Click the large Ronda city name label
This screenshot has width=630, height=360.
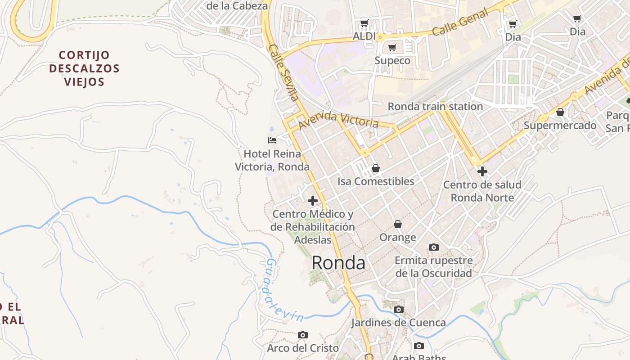338,263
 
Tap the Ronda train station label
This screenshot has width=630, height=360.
435,107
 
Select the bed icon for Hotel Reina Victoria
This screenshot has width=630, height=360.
272,140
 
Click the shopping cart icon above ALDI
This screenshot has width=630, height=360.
364,23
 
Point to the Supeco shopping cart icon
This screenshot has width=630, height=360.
392,47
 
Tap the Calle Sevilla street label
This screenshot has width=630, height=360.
284,72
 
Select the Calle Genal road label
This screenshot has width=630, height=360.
460,22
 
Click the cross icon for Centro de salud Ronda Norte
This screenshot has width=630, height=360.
482,171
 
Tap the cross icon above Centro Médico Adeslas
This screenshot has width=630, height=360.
313,201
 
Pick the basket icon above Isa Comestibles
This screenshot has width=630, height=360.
376,168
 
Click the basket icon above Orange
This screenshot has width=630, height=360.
398,224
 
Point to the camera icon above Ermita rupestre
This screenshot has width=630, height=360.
434,247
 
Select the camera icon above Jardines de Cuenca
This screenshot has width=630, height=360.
398,309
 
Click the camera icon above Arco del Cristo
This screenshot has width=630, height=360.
303,335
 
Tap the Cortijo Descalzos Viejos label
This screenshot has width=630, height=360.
84,68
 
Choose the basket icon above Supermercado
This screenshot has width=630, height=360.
560,112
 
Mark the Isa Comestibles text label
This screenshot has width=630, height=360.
376,181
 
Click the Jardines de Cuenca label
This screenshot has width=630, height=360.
398,323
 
